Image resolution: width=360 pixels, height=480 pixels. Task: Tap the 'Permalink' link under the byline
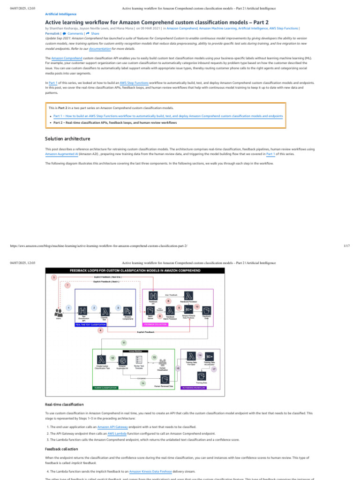pos(52,34)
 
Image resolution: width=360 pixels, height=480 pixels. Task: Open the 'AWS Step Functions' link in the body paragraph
pos(133,82)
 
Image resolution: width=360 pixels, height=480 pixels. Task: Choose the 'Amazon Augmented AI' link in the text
pos(61,154)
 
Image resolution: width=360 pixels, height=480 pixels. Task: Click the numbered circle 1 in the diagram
pos(69,307)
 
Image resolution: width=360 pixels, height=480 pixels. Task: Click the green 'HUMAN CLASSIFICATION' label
pos(105,388)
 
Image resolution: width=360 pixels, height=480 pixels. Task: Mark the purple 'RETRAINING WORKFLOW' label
pos(195,388)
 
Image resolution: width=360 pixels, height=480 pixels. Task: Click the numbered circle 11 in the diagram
pos(124,343)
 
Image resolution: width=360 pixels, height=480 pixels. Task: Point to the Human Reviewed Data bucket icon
pos(165,379)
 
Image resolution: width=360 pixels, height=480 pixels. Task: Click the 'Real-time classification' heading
pos(64,404)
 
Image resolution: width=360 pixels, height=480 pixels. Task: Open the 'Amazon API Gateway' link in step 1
pos(111,427)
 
